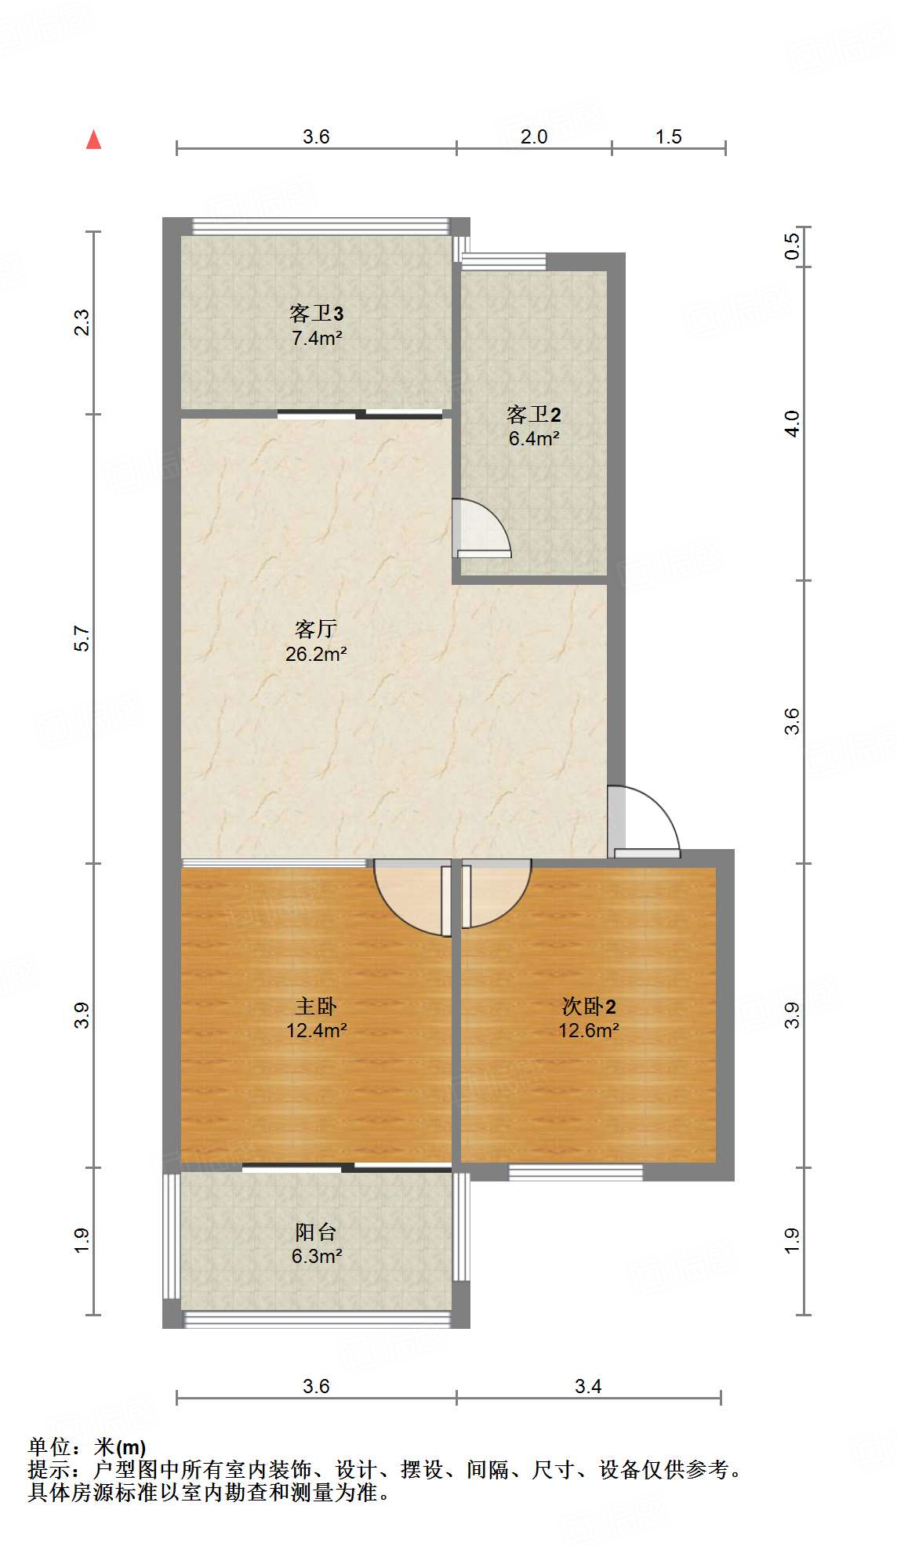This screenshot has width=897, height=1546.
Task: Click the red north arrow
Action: coord(94,140)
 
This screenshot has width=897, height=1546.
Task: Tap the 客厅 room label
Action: coord(316,629)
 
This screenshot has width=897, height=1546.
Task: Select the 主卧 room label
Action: coord(316,1006)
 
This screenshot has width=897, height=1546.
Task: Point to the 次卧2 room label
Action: coord(589,1006)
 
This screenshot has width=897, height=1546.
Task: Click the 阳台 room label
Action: coord(316,1232)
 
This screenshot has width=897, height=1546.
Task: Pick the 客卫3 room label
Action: coord(316,314)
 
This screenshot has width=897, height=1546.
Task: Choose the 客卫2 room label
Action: coord(534,414)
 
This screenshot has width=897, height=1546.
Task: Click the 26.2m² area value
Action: coord(316,654)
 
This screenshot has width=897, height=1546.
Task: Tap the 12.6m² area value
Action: coord(589,1030)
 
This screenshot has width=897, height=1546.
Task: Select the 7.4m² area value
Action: coord(316,339)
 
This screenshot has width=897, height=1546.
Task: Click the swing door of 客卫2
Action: coord(480,530)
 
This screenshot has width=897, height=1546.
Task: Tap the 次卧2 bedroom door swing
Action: coord(495,894)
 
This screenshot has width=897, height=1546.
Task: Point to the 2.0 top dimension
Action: coord(534,136)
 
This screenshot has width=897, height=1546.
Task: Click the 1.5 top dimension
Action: coord(669,136)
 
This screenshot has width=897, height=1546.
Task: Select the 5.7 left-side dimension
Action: coord(82,638)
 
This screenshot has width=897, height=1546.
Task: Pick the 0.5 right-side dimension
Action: coord(793,246)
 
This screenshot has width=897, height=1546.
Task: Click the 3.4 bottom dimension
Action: coord(588,1386)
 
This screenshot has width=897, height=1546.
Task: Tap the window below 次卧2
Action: coord(576,1173)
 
